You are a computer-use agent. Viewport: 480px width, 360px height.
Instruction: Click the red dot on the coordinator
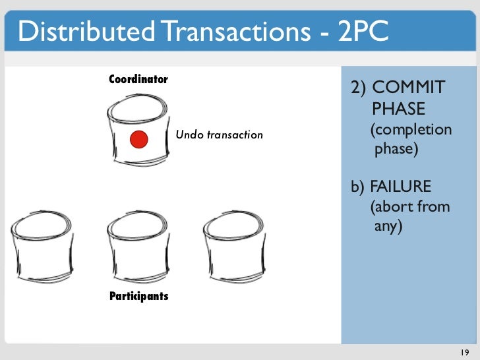[x=139, y=139]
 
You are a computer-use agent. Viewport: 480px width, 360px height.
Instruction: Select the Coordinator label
[x=138, y=79]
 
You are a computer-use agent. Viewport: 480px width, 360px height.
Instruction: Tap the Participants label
[x=139, y=296]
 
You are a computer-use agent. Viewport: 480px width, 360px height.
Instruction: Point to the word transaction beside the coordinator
[x=235, y=135]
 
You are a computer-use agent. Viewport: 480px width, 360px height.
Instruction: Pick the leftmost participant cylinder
[x=42, y=246]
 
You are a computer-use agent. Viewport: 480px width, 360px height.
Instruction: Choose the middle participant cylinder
[x=138, y=246]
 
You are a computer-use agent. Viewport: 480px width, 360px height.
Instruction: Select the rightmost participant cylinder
[x=235, y=246]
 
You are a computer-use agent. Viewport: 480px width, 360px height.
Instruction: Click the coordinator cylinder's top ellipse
[x=137, y=96]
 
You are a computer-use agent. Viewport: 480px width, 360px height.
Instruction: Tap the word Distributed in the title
[x=86, y=30]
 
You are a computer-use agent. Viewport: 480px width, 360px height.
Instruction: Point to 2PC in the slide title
[x=363, y=30]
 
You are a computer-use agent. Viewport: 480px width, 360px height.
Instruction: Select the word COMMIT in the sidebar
[x=408, y=87]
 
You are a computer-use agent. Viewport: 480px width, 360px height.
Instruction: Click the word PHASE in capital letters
[x=398, y=108]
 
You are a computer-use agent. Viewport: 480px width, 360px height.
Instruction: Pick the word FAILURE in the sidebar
[x=400, y=186]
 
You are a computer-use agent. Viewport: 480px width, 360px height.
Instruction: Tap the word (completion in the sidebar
[x=411, y=130]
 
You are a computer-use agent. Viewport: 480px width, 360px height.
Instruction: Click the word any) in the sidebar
[x=388, y=227]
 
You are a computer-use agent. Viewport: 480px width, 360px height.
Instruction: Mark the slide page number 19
[x=465, y=352]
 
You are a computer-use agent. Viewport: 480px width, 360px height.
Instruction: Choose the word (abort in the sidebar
[x=390, y=206]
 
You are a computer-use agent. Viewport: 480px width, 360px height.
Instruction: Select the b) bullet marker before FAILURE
[x=358, y=187]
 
